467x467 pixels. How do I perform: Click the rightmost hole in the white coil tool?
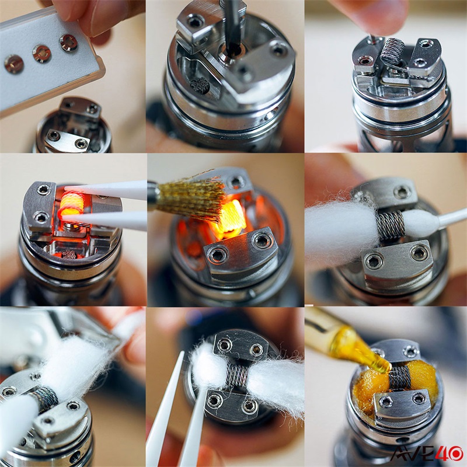[68, 42]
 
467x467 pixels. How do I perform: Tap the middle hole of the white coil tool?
[41, 53]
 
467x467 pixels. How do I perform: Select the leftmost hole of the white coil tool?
[13, 64]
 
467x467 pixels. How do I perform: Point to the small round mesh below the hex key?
[200, 86]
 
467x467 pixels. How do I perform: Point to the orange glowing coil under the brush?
[228, 219]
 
